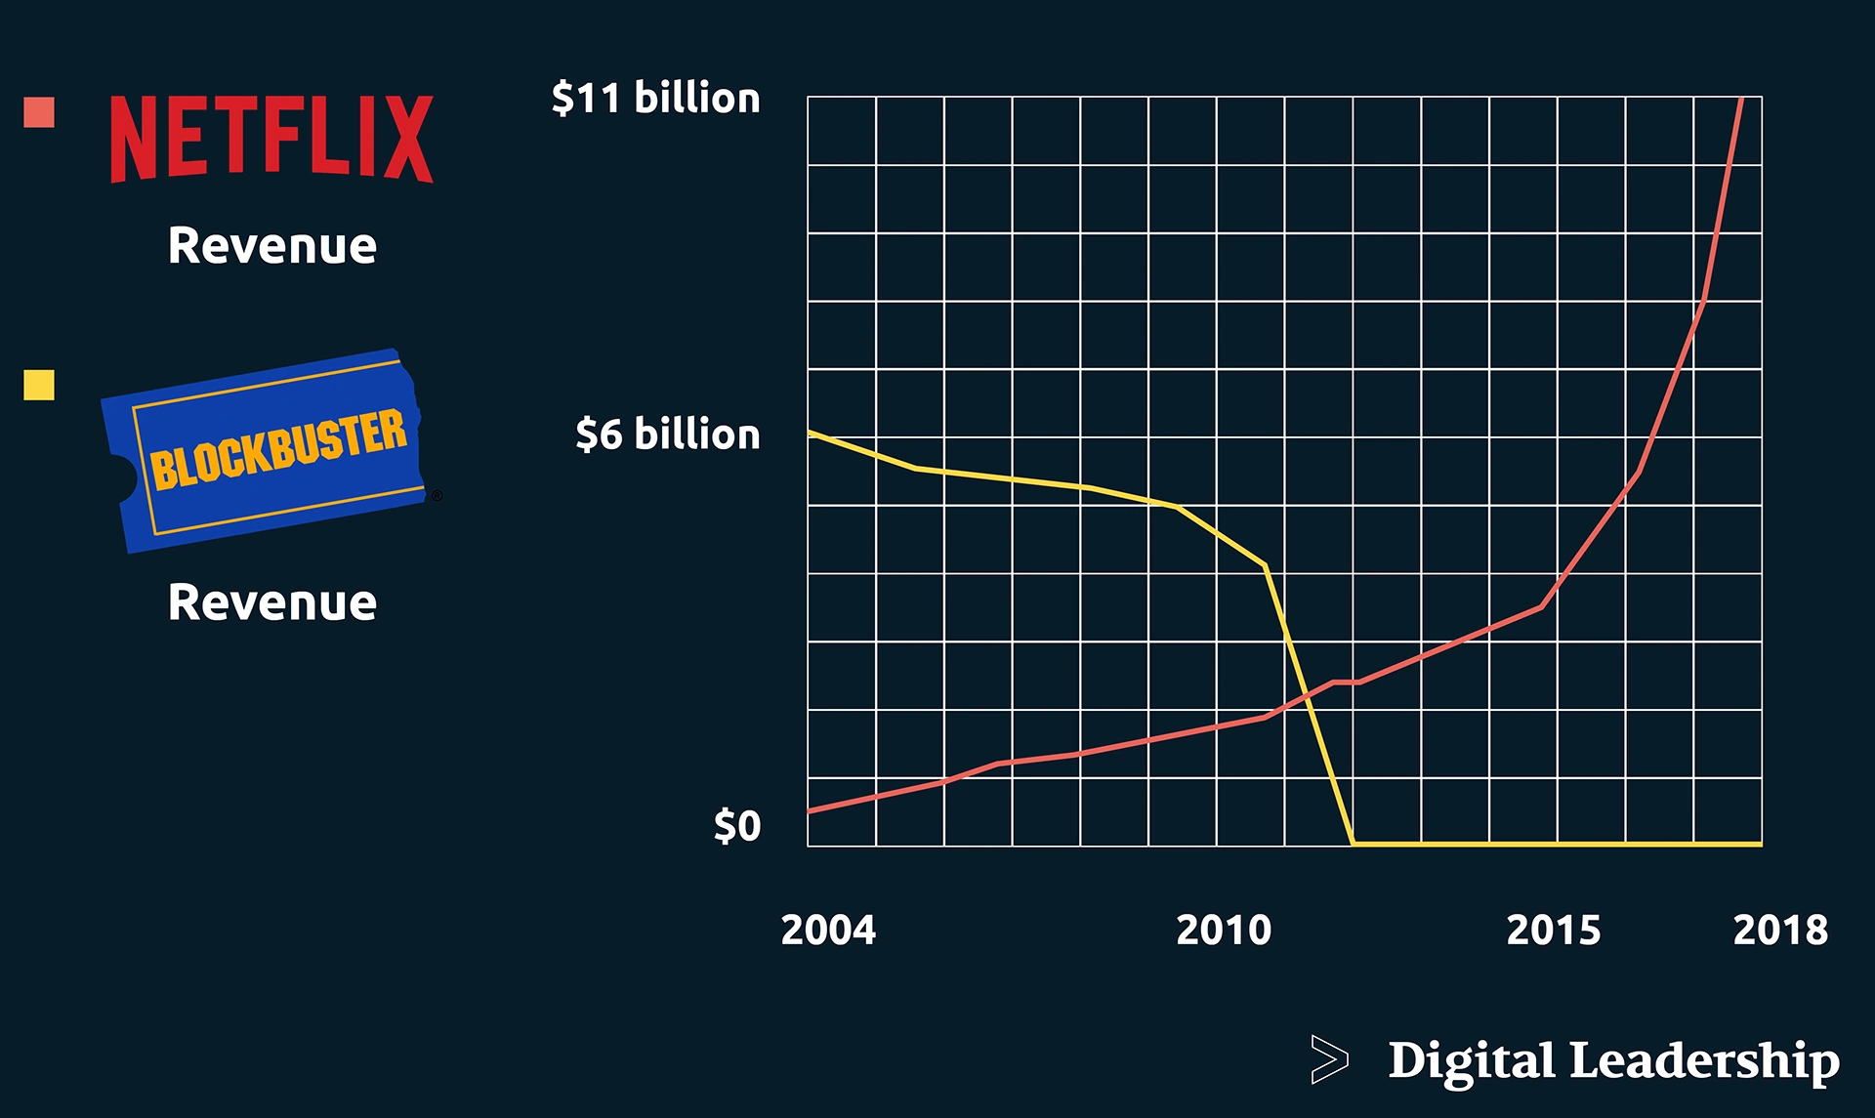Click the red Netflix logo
point(271,139)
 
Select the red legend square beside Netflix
point(39,112)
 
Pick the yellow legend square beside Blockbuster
point(39,385)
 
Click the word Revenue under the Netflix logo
point(271,245)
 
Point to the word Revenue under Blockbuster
point(271,601)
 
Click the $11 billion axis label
point(655,99)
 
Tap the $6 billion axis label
point(667,435)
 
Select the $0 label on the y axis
point(737,826)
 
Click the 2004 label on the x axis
point(828,930)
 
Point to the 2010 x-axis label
point(1224,930)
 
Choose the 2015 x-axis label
point(1554,930)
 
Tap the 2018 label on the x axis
point(1780,930)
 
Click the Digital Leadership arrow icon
point(1329,1059)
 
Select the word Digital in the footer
point(1472,1060)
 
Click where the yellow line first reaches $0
point(1353,843)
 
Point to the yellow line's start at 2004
point(810,433)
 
